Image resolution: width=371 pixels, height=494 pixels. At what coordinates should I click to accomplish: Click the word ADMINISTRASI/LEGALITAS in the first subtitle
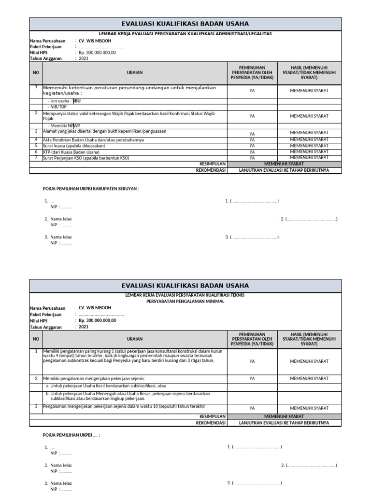(x=246, y=34)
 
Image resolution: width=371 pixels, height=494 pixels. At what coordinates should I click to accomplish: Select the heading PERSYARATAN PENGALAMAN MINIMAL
(x=185, y=300)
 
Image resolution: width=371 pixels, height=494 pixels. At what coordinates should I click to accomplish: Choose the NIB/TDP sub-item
(x=57, y=107)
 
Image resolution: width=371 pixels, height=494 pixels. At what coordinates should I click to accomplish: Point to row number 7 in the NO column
(x=36, y=157)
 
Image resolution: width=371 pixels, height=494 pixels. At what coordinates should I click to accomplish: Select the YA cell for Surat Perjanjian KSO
(x=252, y=158)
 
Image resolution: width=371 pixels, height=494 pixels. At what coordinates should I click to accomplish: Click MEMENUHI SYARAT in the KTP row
(x=309, y=151)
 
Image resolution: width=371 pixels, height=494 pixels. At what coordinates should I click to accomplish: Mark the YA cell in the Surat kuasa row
(x=252, y=146)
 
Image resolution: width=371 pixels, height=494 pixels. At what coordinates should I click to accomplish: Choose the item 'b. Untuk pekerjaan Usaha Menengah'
(x=128, y=397)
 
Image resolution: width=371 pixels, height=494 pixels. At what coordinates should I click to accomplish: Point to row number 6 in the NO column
(x=36, y=151)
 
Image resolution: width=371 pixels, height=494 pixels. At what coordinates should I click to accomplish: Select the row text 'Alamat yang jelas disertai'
(x=104, y=131)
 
